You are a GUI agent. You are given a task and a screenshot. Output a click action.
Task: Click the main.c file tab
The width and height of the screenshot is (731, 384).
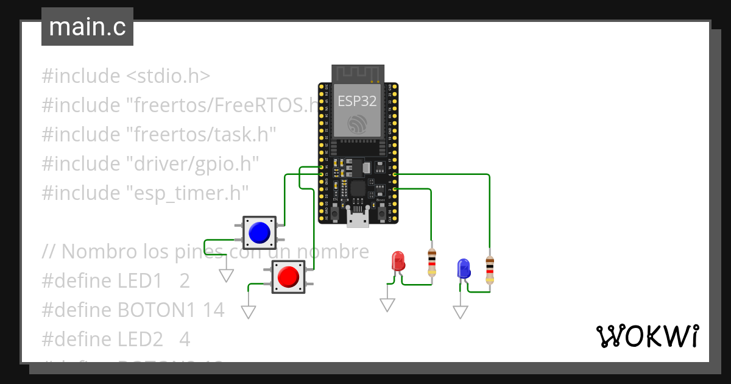tap(87, 27)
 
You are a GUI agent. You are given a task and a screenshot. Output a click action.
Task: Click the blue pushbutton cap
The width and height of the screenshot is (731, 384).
tap(260, 232)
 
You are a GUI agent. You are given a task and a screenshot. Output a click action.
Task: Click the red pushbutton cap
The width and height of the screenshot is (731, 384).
tap(288, 277)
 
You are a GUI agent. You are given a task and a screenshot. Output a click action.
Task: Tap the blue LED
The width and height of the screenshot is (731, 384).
tap(464, 268)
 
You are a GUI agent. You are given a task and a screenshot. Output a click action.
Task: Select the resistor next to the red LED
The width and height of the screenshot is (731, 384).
tap(432, 262)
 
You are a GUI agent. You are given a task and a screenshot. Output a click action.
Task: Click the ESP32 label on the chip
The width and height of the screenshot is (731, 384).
tap(358, 101)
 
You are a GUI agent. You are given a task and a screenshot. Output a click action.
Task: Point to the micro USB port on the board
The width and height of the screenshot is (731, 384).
tap(358, 219)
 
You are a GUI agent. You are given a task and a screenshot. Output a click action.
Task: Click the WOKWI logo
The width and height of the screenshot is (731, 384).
tap(647, 336)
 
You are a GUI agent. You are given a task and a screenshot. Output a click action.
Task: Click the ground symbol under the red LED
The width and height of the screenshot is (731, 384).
tap(387, 305)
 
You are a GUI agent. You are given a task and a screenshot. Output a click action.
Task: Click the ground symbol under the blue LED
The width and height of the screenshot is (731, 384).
tap(461, 311)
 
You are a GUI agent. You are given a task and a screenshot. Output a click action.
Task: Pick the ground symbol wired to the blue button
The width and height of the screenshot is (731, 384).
tap(227, 275)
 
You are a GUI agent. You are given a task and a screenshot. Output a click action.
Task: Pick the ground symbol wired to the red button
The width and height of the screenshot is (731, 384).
tap(249, 312)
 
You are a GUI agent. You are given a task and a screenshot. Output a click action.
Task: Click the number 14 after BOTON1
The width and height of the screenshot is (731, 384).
tap(214, 310)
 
